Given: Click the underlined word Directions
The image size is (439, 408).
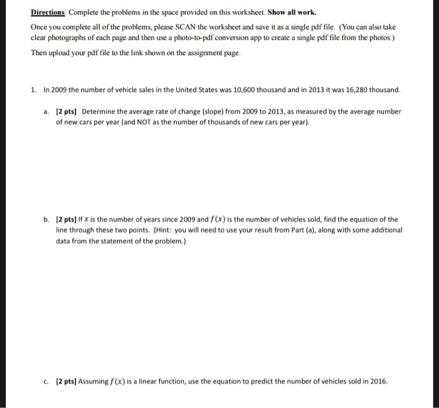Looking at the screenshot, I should click(50, 12).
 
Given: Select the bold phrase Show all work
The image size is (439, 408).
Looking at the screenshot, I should click(288, 12).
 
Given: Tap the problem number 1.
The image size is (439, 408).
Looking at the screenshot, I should click(33, 90).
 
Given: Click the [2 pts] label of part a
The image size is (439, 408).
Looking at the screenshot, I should click(68, 112).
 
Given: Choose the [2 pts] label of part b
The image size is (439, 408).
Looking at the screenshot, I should click(68, 220).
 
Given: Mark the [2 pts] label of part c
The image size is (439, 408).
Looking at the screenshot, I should click(68, 382).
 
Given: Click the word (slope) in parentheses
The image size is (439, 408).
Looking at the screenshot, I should click(223, 112).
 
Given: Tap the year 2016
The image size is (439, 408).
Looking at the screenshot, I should click(379, 382).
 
